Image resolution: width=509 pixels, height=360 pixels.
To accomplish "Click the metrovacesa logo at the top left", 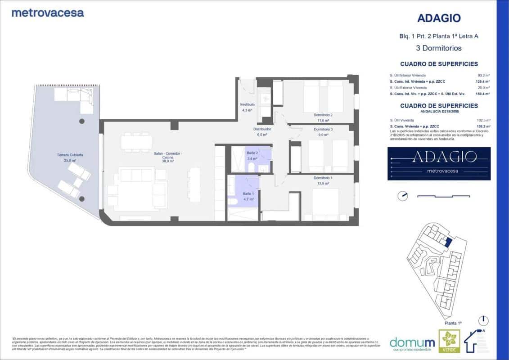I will pos(47,13).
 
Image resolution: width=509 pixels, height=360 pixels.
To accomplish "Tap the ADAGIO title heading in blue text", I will pos(438,18).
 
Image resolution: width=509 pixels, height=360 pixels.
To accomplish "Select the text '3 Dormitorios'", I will pos(438,48).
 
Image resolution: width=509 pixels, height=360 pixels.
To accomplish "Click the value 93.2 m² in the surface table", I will pos(484,75).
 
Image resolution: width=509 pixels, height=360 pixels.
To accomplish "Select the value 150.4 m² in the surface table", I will pos(483,94).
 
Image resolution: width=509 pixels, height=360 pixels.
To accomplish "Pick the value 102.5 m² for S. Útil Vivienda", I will pos(484,120).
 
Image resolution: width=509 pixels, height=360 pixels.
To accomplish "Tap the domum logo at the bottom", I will pos(412,342).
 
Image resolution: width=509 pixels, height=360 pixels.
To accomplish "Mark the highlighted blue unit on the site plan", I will pos(448,242).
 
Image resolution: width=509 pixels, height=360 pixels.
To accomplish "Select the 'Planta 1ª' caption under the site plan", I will pos(453,323).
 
